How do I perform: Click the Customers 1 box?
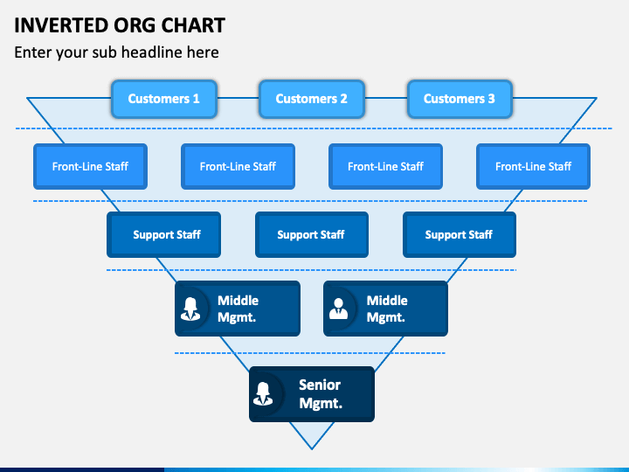[164, 99]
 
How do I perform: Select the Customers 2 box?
[312, 99]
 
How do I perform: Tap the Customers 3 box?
[460, 99]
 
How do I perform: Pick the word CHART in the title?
[193, 25]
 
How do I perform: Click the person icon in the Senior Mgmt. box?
[263, 393]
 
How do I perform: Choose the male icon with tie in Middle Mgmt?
[339, 309]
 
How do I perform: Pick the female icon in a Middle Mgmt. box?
[190, 309]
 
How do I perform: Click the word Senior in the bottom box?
[320, 385]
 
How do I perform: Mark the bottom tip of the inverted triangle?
[312, 449]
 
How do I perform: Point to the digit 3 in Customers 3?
[491, 99]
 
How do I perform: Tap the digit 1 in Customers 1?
[197, 99]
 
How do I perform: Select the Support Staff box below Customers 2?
[312, 235]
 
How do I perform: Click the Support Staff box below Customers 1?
[163, 235]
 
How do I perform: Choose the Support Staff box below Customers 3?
[460, 235]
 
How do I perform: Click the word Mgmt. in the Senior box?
[321, 403]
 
